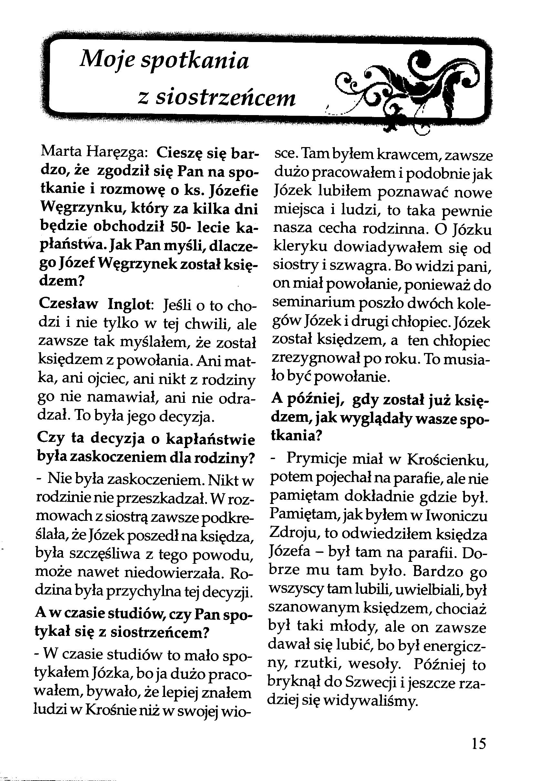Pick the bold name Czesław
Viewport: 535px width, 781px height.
click(69, 304)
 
